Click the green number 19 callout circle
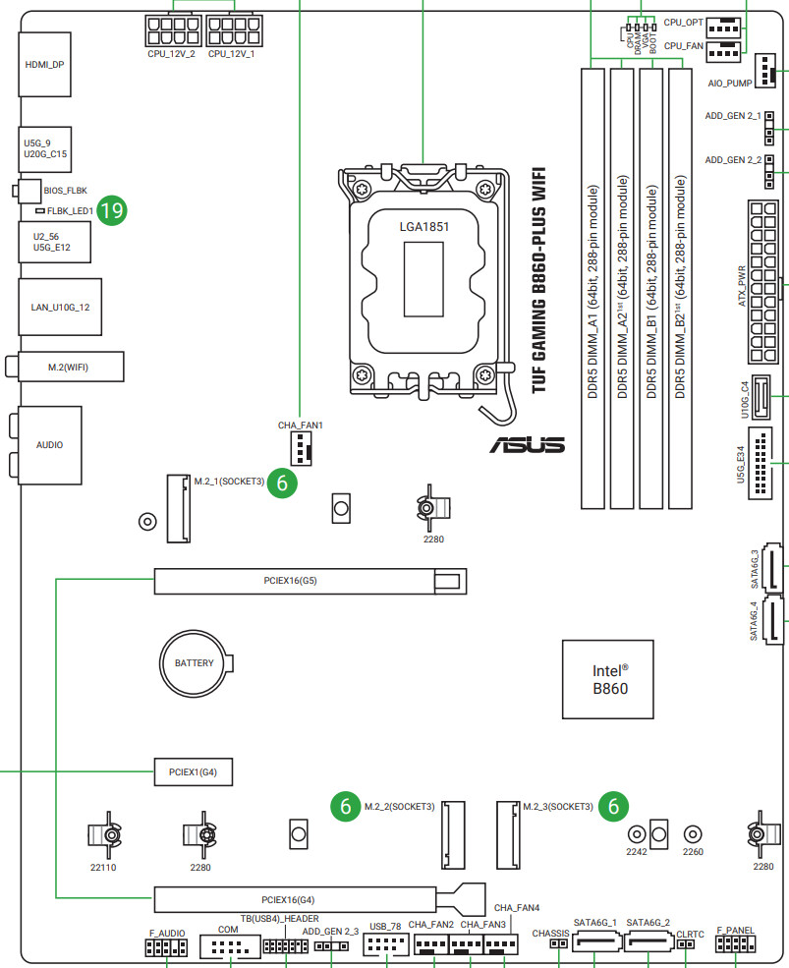112,209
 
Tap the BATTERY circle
194,663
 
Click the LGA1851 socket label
424,226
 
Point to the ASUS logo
528,445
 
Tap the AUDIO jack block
49,445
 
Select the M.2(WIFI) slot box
69,367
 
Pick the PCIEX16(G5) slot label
290,581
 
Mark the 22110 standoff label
103,868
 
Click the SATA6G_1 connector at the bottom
594,944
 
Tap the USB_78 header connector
385,945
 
